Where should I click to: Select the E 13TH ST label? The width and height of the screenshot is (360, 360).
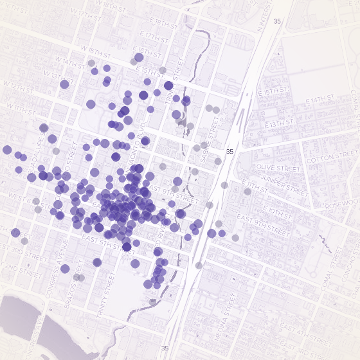[287, 122]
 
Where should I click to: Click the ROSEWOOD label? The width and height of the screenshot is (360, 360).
[343, 204]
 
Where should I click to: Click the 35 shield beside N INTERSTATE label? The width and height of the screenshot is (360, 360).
[276, 21]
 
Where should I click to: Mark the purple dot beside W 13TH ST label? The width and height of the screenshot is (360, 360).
[64, 84]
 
